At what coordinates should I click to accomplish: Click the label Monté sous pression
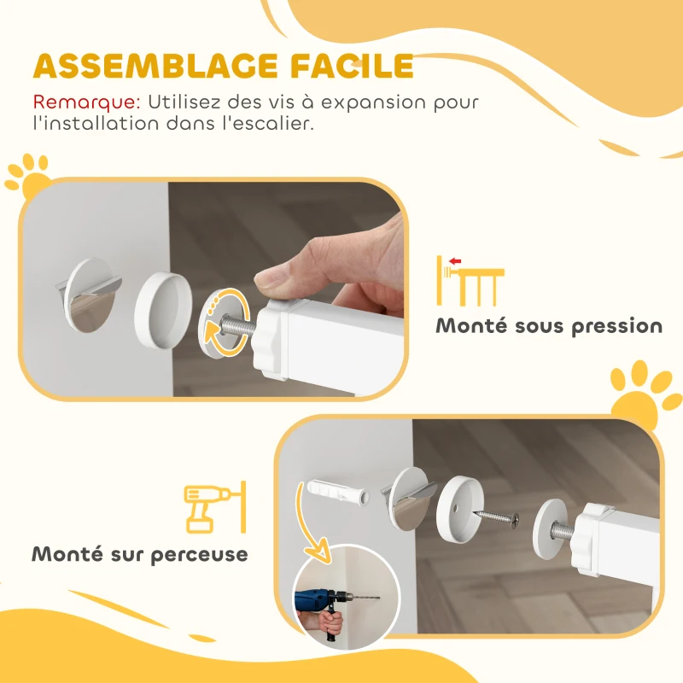pyautogui.click(x=549, y=325)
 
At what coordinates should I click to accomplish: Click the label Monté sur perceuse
pyautogui.click(x=140, y=553)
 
